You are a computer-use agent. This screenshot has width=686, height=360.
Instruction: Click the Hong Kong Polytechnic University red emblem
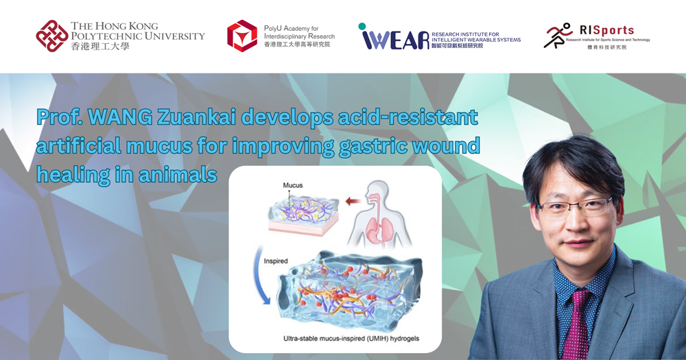click(52, 36)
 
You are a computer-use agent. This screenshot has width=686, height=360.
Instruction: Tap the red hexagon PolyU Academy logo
click(242, 36)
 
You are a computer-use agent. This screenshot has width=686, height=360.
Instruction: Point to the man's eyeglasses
click(571, 206)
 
